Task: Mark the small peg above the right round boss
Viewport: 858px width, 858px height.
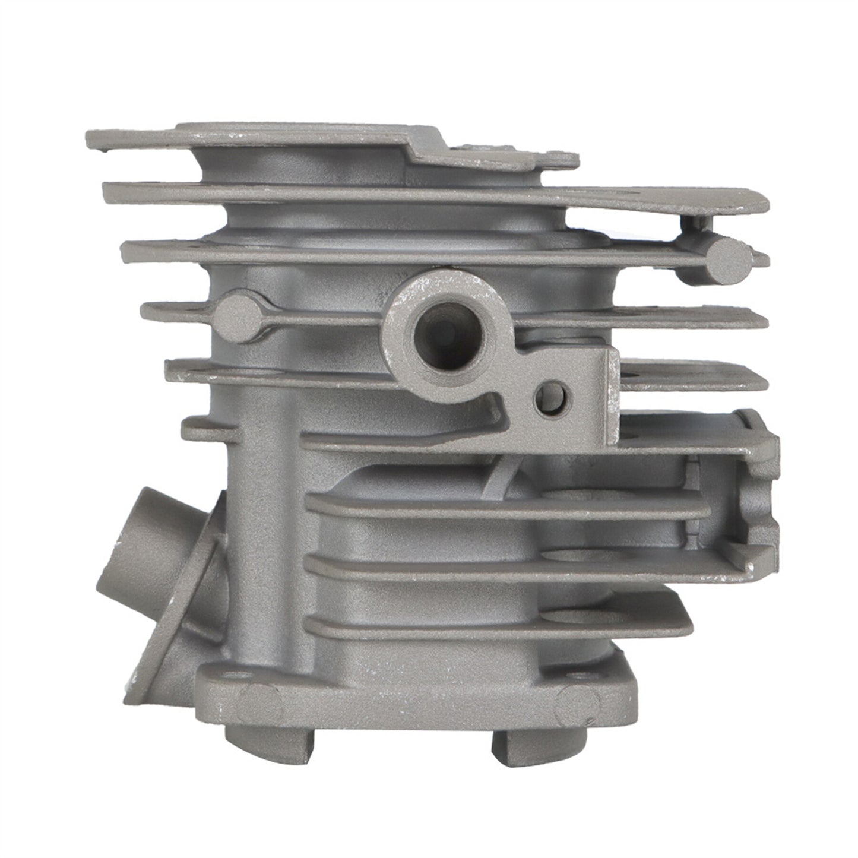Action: (x=694, y=223)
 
